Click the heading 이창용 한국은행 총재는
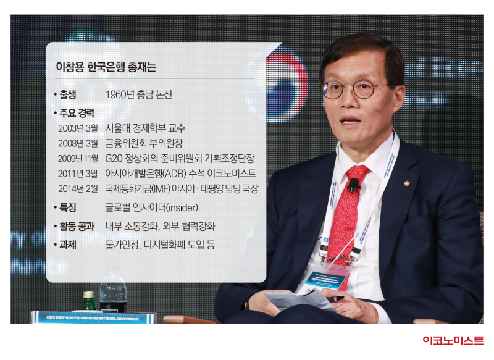[x=106, y=67]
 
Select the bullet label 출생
[x=68, y=94]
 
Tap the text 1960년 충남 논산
[x=139, y=94]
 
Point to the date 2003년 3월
[x=78, y=128]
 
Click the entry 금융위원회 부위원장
[x=144, y=143]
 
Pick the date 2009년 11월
[x=78, y=159]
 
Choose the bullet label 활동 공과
[x=77, y=226]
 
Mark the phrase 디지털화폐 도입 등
[x=179, y=245]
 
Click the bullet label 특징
[x=68, y=207]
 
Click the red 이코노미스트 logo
[x=453, y=340]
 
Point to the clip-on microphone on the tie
[x=354, y=185]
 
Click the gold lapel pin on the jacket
[x=408, y=183]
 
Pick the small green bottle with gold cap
[x=89, y=301]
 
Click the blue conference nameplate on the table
[x=93, y=317]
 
